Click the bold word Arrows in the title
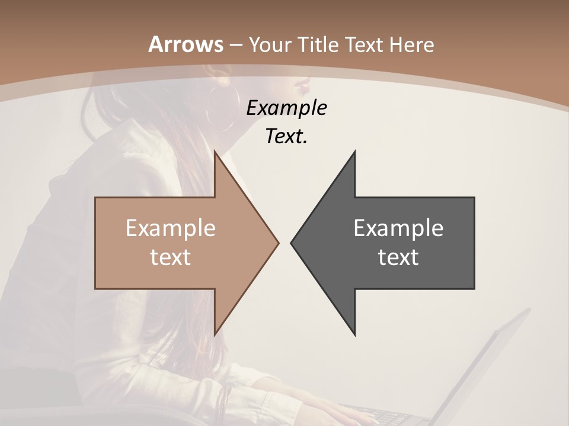186,44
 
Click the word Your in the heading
270,45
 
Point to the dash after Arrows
236,45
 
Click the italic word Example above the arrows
287,108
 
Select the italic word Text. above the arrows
286,136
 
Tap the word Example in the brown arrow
170,228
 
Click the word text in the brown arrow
170,257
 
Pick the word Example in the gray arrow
398,228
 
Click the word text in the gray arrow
398,257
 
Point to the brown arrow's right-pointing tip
277,243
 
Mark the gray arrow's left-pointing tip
292,243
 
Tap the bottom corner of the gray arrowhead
354,335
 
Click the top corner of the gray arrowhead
354,151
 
